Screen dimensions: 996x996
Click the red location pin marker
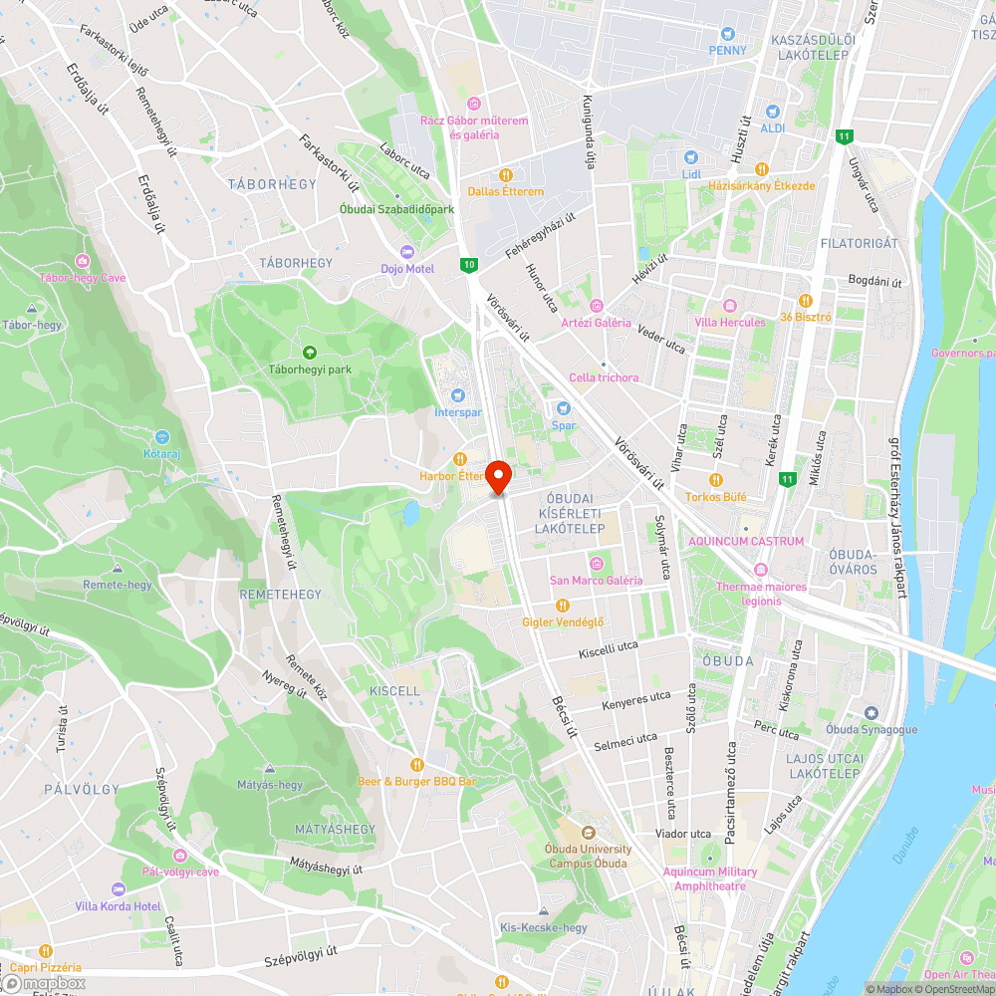pos(498,476)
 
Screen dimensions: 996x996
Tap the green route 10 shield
pos(468,265)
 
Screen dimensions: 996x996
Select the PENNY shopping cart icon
pos(728,34)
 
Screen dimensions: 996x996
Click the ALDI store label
pos(773,128)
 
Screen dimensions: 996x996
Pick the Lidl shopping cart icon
pos(691,157)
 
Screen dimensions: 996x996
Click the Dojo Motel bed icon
pos(406,251)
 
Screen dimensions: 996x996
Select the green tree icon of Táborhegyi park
pos(310,352)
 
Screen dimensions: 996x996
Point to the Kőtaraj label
pos(161,454)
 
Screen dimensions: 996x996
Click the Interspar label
pos(457,412)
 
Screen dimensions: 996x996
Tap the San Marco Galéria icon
pos(596,563)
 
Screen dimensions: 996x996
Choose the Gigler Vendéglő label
pos(563,622)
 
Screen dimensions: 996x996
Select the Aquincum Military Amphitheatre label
pos(710,878)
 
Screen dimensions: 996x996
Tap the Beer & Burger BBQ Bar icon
pos(416,764)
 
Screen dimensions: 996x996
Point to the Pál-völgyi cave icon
pos(179,856)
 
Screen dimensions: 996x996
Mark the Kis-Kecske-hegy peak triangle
pos(543,911)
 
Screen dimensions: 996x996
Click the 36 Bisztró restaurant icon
pos(805,301)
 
